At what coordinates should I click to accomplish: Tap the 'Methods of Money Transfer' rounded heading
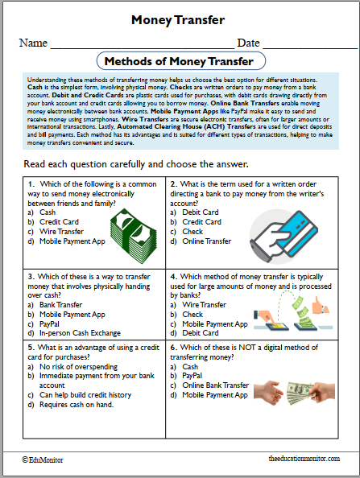click(x=180, y=61)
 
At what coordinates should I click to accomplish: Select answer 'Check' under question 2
click(x=192, y=231)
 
